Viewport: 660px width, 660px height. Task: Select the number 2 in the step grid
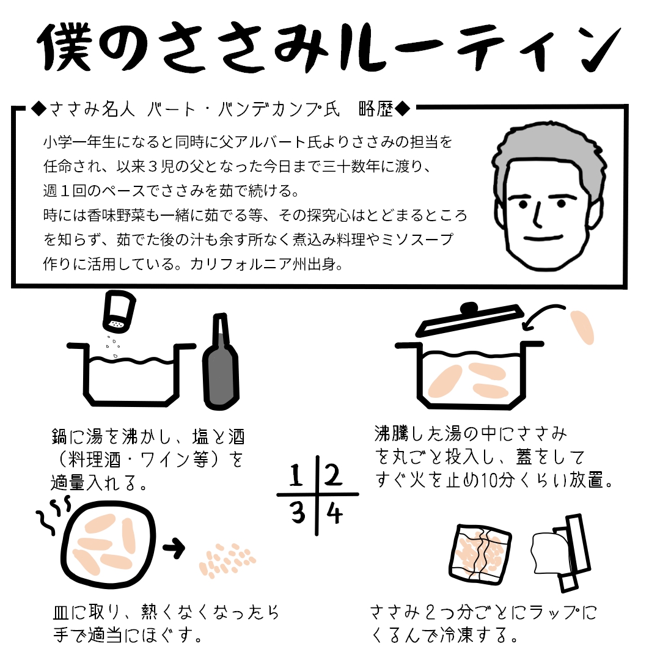(334, 474)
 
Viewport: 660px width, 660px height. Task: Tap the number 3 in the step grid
(298, 513)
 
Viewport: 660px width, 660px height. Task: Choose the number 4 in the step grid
(334, 513)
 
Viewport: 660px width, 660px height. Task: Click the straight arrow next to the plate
(175, 549)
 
